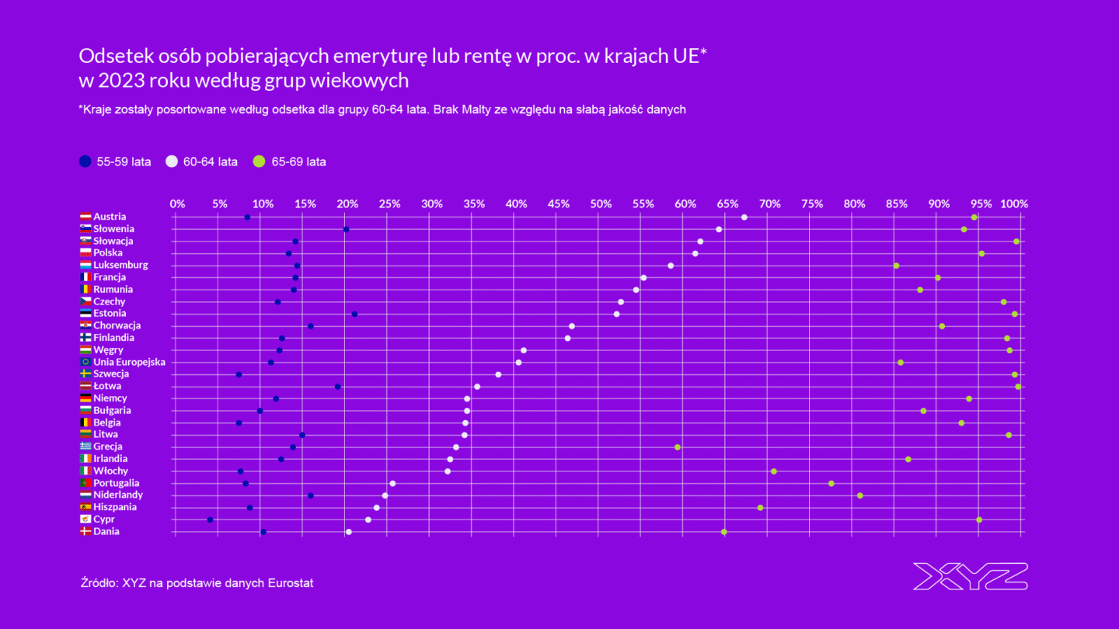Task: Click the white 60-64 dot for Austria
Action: [744, 217]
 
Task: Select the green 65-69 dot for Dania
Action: [724, 532]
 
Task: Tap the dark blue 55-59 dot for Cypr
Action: [210, 520]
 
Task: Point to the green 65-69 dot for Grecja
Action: [678, 447]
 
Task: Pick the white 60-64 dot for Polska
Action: [695, 254]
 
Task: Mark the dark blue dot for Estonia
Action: [354, 314]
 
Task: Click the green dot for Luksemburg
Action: [896, 266]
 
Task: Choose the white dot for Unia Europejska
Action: [518, 363]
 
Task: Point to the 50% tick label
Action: [601, 204]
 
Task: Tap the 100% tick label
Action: [1014, 204]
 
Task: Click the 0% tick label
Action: [177, 204]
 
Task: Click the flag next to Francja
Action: [85, 277]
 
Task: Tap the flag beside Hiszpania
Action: [85, 507]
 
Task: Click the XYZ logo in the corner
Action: [970, 576]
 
